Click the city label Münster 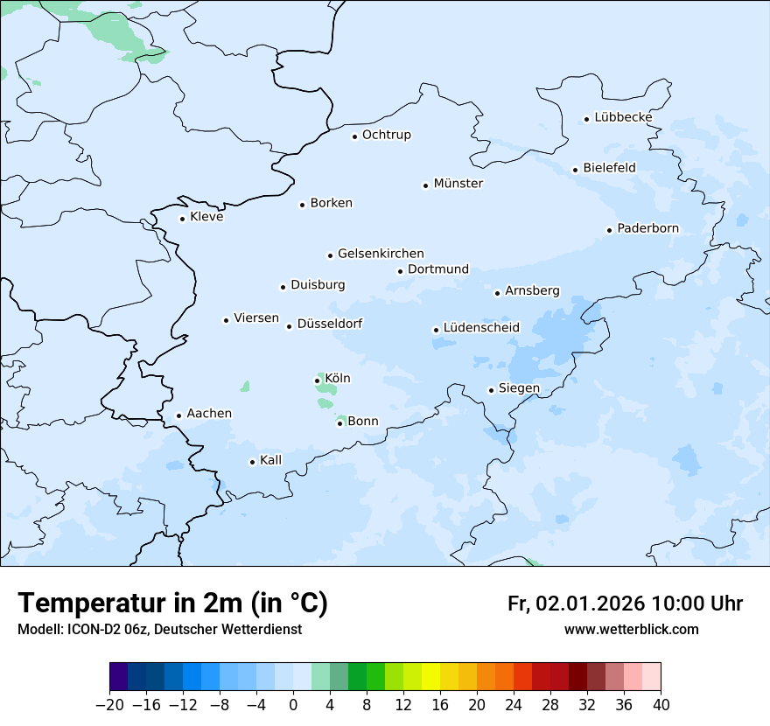[458, 184]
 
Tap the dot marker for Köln [317, 380]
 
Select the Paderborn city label [647, 229]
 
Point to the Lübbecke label [623, 117]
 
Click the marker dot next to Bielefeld [576, 170]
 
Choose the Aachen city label [209, 414]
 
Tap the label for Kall [271, 460]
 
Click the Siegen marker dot [492, 390]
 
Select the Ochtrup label [386, 135]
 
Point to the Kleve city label [206, 217]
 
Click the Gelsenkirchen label [381, 254]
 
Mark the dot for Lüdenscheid [436, 330]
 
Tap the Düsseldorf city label [330, 324]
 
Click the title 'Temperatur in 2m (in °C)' [172, 603]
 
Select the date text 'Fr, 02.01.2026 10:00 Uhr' [625, 604]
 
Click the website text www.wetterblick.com [631, 630]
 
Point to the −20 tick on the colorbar [110, 705]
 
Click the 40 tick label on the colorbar [661, 705]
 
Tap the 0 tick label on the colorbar [293, 705]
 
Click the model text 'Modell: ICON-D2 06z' [82, 630]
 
